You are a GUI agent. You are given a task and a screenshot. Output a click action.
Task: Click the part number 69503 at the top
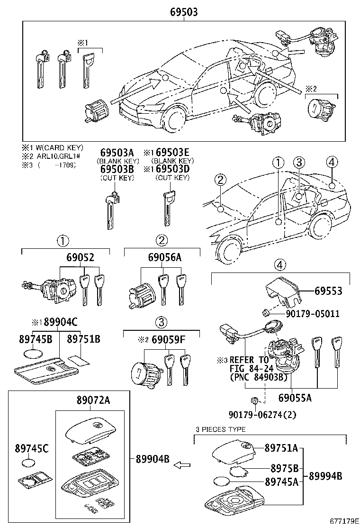(184, 12)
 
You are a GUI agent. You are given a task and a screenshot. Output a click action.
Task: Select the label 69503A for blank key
(117, 153)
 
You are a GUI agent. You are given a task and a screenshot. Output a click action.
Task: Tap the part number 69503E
(172, 153)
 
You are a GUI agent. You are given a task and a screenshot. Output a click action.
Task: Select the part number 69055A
(295, 398)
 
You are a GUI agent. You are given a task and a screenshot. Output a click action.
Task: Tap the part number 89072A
(93, 400)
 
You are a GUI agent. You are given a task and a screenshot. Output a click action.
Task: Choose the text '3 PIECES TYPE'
(221, 429)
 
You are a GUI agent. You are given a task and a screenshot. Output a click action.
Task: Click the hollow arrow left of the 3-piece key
(182, 465)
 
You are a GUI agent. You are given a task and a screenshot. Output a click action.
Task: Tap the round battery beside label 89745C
(30, 463)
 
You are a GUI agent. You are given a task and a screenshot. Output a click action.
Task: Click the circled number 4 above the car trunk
(332, 162)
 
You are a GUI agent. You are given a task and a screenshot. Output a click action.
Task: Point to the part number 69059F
(168, 340)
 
